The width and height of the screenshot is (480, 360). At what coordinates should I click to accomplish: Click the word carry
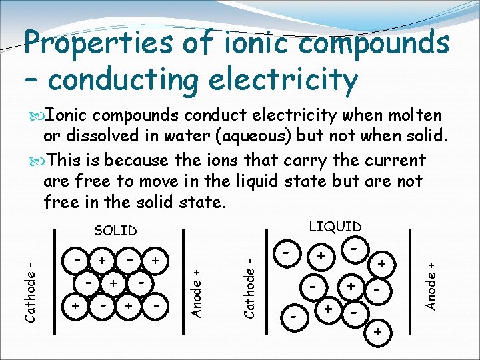coord(323,161)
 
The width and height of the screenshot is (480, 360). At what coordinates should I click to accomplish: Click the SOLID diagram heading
coord(115,231)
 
